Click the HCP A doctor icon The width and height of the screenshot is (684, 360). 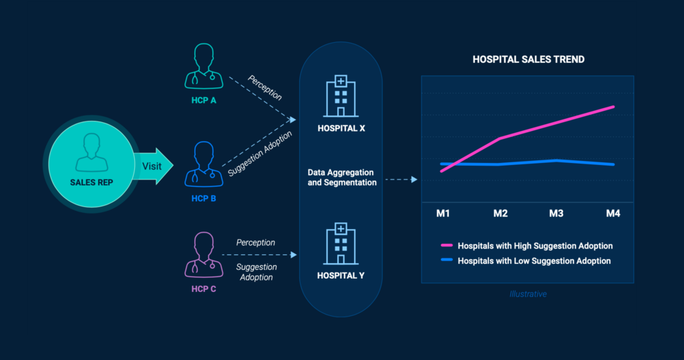[204, 66]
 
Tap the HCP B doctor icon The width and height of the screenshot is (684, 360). [204, 164]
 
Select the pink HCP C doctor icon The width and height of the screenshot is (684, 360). [204, 255]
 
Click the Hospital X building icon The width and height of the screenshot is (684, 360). [341, 96]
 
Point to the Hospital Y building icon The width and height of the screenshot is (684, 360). [341, 244]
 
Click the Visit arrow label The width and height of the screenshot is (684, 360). [152, 166]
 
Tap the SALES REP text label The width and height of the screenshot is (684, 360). [92, 182]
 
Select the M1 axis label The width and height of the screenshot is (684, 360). [443, 213]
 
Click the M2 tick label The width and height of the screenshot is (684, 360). [500, 213]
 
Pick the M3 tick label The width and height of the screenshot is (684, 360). [556, 213]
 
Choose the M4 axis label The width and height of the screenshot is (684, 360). [613, 213]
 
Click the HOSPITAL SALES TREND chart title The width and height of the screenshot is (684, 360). [528, 59]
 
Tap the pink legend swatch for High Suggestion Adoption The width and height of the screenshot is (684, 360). [447, 245]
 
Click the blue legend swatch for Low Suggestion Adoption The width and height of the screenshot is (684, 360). [447, 260]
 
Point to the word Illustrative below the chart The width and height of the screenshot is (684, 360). [528, 294]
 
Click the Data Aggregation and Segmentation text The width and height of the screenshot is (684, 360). [342, 178]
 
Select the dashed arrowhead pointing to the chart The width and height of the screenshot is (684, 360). [414, 180]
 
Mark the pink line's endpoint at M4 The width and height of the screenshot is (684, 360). [613, 107]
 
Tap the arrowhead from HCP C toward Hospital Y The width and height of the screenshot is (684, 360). [294, 254]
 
